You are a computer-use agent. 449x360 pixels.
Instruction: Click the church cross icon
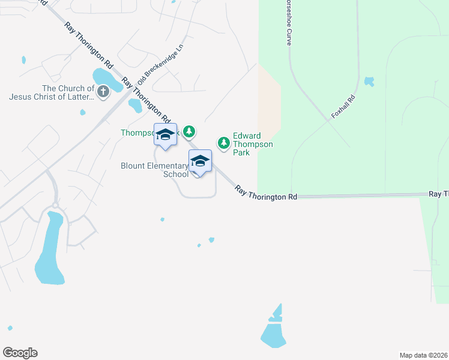click(x=103, y=92)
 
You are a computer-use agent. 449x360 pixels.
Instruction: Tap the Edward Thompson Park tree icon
click(x=224, y=143)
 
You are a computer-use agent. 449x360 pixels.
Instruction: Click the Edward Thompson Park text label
click(x=253, y=144)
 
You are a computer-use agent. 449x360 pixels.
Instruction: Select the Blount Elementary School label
click(x=155, y=170)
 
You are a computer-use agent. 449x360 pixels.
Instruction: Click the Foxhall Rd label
click(x=343, y=106)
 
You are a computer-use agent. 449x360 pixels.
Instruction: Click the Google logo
click(x=20, y=353)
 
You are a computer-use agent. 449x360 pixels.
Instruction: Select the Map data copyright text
click(x=423, y=355)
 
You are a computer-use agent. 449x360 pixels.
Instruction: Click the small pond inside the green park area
click(x=369, y=81)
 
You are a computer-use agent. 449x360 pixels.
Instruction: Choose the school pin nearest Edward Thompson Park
click(x=200, y=162)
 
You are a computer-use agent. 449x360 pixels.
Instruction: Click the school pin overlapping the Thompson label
click(x=165, y=135)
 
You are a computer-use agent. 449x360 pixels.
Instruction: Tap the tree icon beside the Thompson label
click(x=190, y=131)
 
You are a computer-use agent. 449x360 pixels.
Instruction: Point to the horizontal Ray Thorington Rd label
click(x=266, y=193)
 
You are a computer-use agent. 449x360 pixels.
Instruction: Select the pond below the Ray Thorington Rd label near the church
click(x=135, y=106)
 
